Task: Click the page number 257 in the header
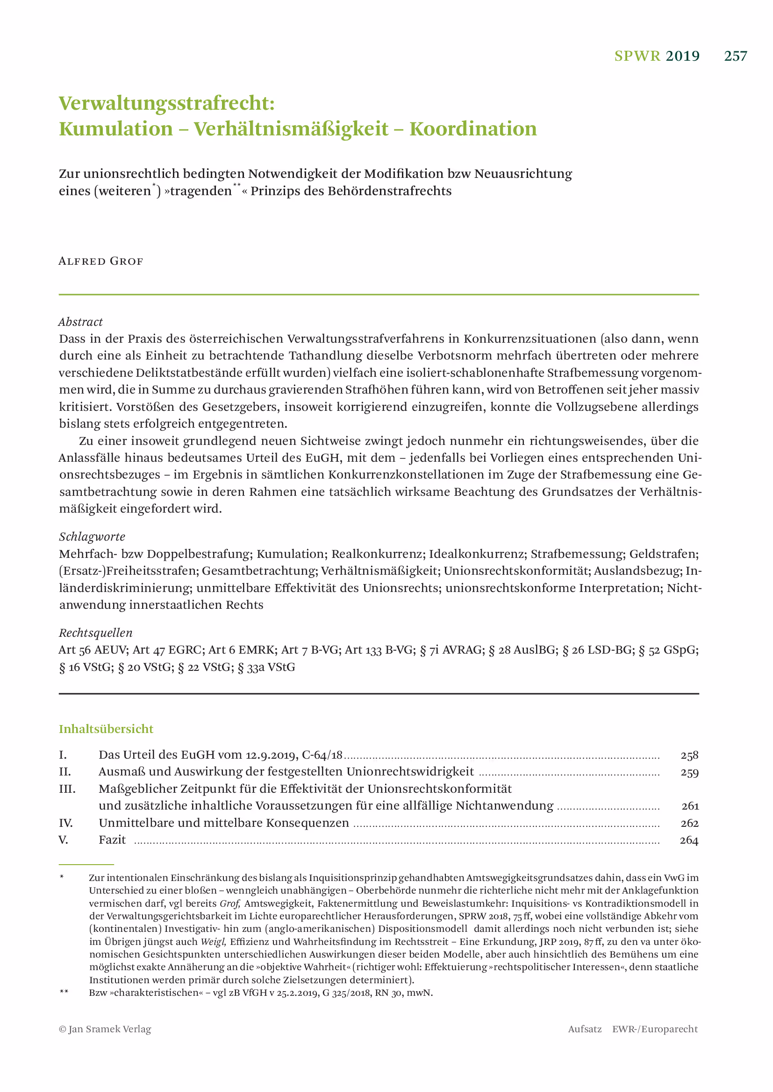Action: point(735,56)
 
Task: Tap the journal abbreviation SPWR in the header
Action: point(637,56)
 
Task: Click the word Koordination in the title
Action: point(472,129)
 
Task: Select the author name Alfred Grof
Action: point(100,261)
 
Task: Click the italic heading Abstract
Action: point(80,322)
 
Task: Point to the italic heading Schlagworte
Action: point(92,536)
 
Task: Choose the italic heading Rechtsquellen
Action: point(95,633)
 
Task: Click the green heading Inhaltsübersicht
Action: point(106,729)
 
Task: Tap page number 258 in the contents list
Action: point(689,755)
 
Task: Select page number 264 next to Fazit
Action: point(689,840)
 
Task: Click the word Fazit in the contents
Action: point(112,839)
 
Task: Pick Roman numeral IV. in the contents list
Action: point(66,823)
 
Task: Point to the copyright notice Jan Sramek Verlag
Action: point(105,1029)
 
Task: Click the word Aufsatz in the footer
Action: point(585,1029)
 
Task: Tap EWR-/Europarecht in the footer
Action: point(654,1029)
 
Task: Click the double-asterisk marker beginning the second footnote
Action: point(64,992)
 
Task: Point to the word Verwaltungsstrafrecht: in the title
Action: point(166,103)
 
